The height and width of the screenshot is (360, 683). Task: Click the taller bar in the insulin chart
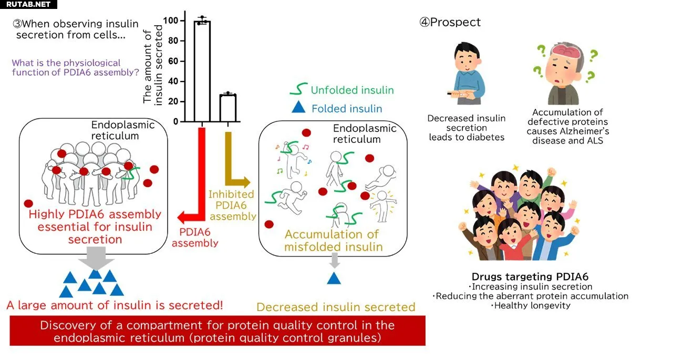click(x=202, y=71)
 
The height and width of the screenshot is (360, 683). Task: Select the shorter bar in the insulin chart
click(x=227, y=108)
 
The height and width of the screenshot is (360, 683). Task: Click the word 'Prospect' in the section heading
click(x=455, y=23)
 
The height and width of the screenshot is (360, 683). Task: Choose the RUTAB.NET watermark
click(x=28, y=4)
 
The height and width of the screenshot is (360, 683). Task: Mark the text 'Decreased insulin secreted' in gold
click(x=336, y=307)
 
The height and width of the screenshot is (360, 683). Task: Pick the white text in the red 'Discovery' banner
click(x=217, y=331)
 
